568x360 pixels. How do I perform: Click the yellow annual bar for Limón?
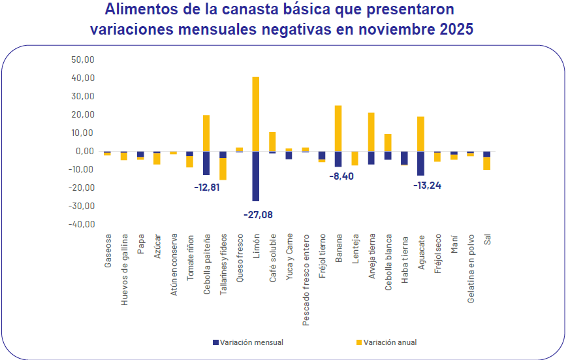(x=256, y=114)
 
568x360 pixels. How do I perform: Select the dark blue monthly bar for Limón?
(x=256, y=176)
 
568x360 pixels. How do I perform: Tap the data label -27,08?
(x=258, y=214)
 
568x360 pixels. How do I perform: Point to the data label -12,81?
(x=208, y=187)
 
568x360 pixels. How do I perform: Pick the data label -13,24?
(x=427, y=185)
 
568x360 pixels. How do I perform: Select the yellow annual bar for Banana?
(x=338, y=128)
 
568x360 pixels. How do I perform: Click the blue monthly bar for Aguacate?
(x=420, y=163)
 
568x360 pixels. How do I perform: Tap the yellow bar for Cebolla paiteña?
(x=206, y=133)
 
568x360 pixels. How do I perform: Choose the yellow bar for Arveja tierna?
(x=371, y=131)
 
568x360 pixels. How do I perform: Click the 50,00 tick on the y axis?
(x=84, y=59)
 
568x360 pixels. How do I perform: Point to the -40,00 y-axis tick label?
(x=82, y=224)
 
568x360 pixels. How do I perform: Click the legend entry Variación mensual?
(x=247, y=342)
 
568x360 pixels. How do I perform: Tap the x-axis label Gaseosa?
(x=108, y=251)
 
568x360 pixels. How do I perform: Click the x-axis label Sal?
(x=487, y=240)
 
